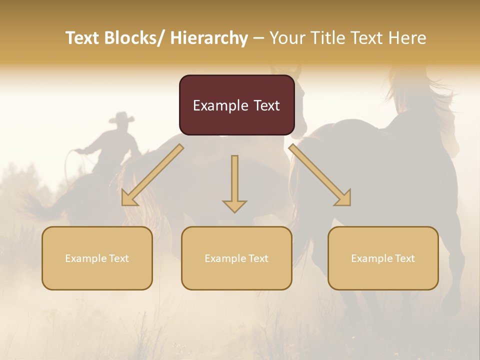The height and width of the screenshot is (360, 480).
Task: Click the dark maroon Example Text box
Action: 236,105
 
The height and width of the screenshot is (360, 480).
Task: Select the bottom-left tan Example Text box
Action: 97,258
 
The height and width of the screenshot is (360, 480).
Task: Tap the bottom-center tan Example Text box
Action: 236,258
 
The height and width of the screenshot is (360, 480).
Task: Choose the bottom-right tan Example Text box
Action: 383,258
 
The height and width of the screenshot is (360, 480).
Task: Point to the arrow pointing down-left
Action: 152,175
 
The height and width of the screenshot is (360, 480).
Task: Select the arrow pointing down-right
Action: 320,175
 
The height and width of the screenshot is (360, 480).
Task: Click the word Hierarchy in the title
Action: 209,38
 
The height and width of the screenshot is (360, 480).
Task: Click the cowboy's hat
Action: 121,118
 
